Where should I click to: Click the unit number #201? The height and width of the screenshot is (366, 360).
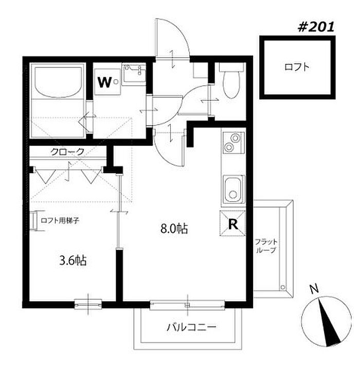point(316,27)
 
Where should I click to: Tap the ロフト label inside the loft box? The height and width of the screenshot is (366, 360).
point(297,67)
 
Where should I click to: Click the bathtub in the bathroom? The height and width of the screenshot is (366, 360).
point(58,82)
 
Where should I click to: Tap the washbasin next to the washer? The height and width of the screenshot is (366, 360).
point(134,73)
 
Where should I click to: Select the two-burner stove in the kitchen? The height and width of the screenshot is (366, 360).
point(233,143)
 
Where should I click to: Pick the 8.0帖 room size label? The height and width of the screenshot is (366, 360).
point(174,229)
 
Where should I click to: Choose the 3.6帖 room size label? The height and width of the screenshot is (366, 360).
point(73,260)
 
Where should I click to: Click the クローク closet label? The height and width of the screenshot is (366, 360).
point(67,152)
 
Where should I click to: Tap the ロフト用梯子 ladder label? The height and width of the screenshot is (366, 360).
point(60,220)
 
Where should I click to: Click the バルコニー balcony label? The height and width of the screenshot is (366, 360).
point(191,327)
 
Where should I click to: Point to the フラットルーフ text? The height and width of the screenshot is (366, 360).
point(266,246)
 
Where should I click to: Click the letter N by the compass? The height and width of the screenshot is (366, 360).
point(315,289)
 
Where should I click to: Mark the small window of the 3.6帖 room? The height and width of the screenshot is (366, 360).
point(88,304)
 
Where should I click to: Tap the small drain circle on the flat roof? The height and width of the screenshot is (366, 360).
point(283,286)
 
